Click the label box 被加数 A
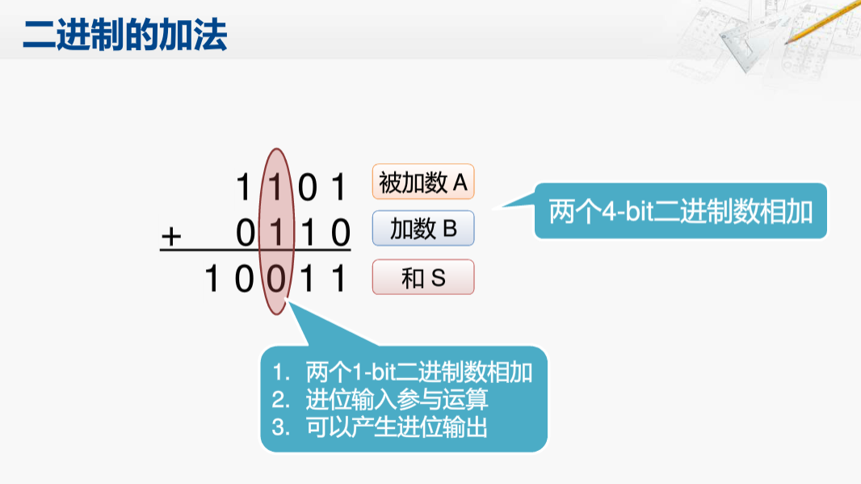pyautogui.click(x=423, y=183)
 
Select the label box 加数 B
pyautogui.click(x=423, y=229)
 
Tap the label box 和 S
pyautogui.click(x=423, y=278)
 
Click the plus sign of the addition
pyautogui.click(x=172, y=236)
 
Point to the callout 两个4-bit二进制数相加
pyautogui.click(x=681, y=212)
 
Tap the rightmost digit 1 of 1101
pyautogui.click(x=339, y=187)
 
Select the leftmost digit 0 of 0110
pyautogui.click(x=246, y=234)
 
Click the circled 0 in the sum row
pyautogui.click(x=276, y=280)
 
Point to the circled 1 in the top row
pyautogui.click(x=276, y=187)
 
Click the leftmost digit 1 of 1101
pyautogui.click(x=244, y=187)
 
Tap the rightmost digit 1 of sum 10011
pyautogui.click(x=339, y=280)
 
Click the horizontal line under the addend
pyautogui.click(x=255, y=251)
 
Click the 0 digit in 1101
pyautogui.click(x=308, y=187)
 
